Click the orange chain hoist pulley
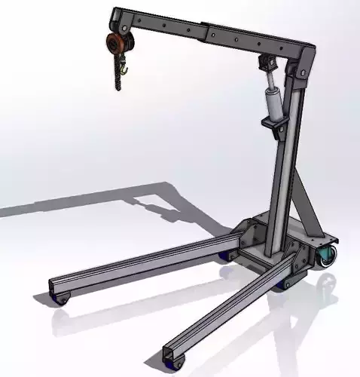(x=114, y=43)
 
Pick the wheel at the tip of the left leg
(x=63, y=299)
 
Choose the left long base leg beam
(x=143, y=264)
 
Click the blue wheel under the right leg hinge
(x=286, y=284)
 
